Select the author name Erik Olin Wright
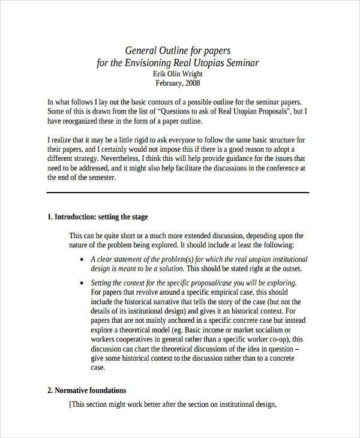pos(178,73)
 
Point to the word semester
pos(95,178)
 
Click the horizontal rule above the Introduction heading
pos(178,193)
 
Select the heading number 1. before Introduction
pos(50,217)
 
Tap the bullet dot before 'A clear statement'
pos(82,259)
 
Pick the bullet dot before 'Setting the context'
pos(82,283)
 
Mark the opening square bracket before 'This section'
pos(71,405)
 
